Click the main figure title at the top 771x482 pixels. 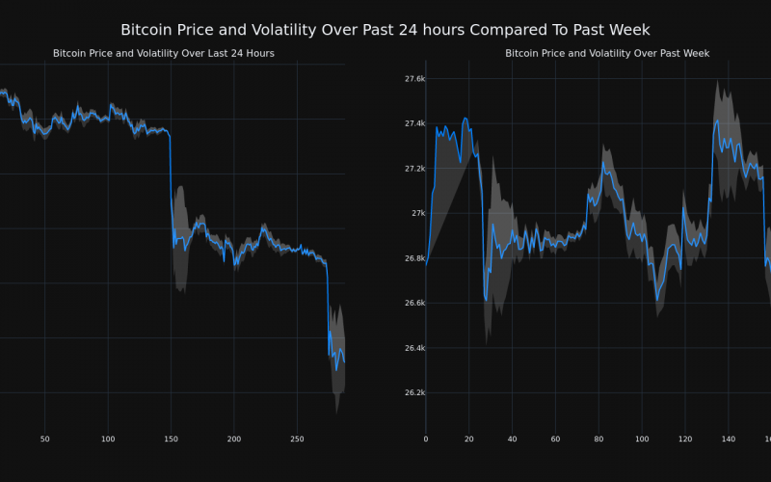click(x=385, y=30)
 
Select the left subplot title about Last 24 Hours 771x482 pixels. click(x=164, y=53)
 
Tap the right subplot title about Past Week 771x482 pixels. click(x=607, y=53)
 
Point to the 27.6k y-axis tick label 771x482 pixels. click(x=415, y=78)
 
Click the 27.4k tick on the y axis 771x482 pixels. click(x=415, y=123)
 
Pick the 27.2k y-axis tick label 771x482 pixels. click(x=415, y=169)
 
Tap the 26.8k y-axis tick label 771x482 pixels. click(x=415, y=258)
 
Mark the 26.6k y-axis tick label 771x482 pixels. click(x=415, y=303)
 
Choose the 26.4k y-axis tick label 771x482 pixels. click(x=415, y=348)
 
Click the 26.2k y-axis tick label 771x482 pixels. click(x=415, y=392)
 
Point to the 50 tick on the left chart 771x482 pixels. click(x=44, y=439)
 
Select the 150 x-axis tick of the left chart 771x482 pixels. click(x=171, y=439)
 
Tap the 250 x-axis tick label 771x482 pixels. click(x=297, y=439)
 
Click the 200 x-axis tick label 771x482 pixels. click(x=234, y=439)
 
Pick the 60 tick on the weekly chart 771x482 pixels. click(x=555, y=439)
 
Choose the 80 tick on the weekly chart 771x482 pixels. click(x=598, y=439)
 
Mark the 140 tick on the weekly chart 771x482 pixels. click(x=729, y=439)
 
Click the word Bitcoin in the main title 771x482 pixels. click(x=150, y=30)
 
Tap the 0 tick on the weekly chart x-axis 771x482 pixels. click(x=426, y=439)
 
